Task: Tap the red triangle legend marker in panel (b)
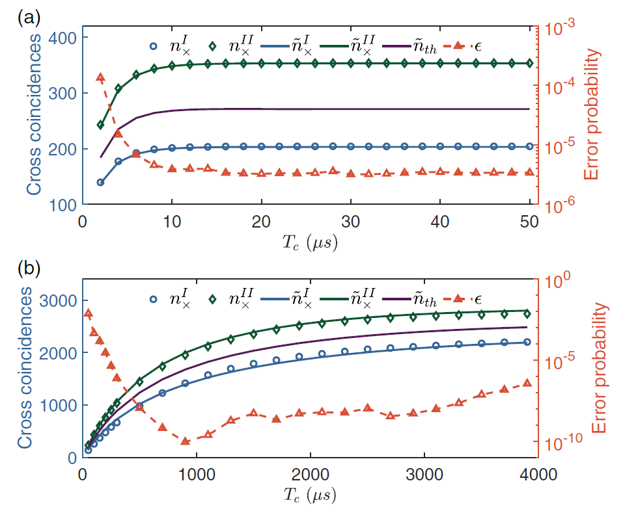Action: [458, 299]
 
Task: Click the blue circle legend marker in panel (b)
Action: [153, 299]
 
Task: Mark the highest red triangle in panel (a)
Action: [100, 77]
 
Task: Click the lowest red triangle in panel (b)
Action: [185, 441]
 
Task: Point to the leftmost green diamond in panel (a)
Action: [100, 125]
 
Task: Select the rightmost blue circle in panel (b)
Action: [527, 342]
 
